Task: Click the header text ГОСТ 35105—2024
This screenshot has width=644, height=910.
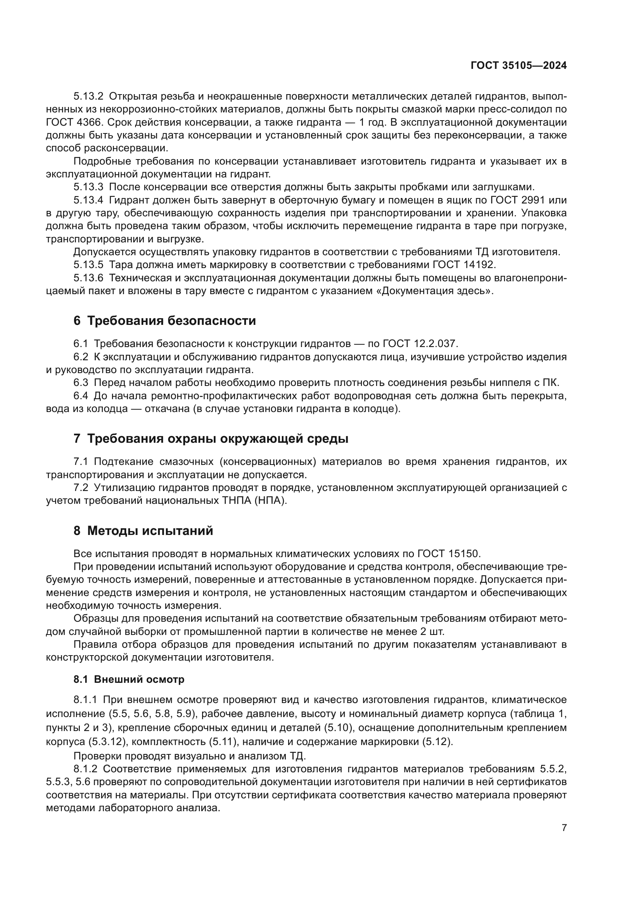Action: click(518, 65)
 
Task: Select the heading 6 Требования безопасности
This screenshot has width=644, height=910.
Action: click(165, 321)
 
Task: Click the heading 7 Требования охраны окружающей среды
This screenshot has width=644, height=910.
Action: click(211, 439)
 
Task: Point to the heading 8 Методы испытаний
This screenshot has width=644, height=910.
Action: click(143, 531)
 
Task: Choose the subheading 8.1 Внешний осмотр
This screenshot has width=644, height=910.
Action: click(129, 679)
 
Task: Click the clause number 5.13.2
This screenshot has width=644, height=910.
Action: click(88, 96)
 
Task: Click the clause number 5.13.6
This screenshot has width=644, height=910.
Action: click(88, 278)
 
